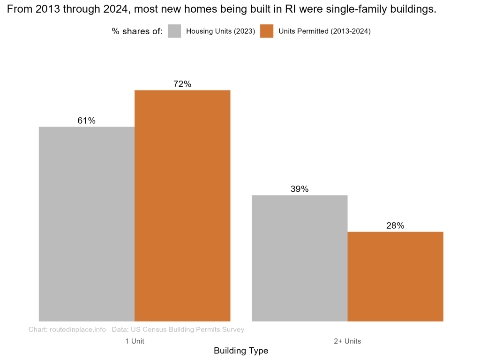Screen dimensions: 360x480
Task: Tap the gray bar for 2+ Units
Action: (x=300, y=258)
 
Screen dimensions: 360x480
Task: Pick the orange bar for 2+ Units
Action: (x=395, y=276)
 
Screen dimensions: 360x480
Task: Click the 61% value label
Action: (x=87, y=120)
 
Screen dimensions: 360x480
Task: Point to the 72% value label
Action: (x=182, y=84)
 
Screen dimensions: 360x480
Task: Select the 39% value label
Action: (x=300, y=189)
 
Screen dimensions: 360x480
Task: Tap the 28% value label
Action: (x=395, y=225)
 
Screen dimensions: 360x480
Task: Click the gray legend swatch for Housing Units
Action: (x=174, y=31)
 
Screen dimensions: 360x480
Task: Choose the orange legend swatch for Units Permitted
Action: (x=267, y=31)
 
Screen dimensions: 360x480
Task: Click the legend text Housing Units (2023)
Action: (x=220, y=31)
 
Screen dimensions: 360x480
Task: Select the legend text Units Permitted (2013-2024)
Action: (x=324, y=31)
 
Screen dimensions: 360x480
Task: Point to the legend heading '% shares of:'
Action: (x=137, y=31)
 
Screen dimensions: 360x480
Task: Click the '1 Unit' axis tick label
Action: (x=135, y=341)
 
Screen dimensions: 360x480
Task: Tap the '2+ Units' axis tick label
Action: (x=347, y=341)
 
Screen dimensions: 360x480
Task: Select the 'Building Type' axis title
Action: (x=241, y=351)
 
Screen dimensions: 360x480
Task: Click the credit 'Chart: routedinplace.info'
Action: (x=67, y=330)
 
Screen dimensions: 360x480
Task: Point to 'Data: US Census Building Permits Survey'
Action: (x=178, y=330)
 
